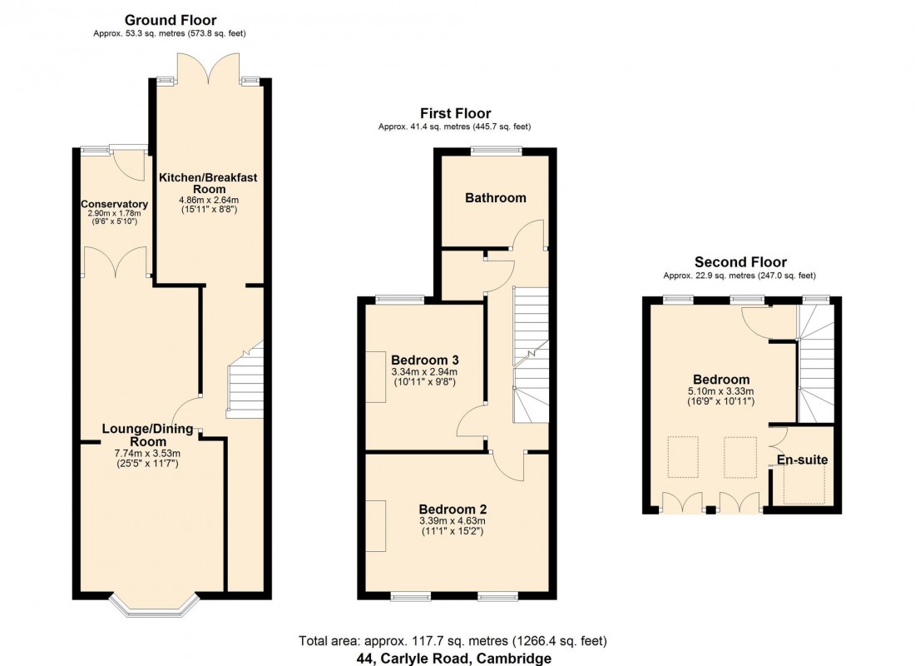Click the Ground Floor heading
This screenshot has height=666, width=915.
171,20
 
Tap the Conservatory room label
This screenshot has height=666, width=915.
115,204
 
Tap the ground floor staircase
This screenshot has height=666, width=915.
245,383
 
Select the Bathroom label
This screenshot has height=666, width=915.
495,198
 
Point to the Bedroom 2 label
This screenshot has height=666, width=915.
453,509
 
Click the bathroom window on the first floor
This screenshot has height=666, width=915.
496,151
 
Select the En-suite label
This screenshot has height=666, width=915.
803,460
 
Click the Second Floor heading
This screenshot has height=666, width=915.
740,262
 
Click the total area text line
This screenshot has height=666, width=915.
453,641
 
